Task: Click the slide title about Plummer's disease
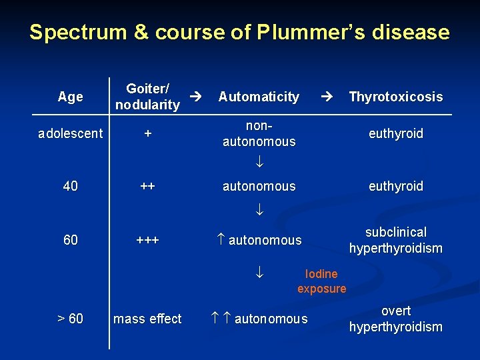(x=239, y=32)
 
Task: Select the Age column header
(x=70, y=97)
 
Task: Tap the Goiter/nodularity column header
(x=147, y=97)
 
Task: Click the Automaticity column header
(x=259, y=97)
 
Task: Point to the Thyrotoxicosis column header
(x=395, y=97)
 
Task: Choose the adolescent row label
(x=70, y=133)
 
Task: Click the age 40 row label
(x=70, y=186)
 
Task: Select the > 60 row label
(x=70, y=319)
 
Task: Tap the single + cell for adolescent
(x=148, y=133)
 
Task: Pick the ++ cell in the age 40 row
(x=148, y=186)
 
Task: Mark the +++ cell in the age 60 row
(x=148, y=240)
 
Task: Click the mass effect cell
(x=147, y=319)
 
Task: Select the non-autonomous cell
(x=259, y=133)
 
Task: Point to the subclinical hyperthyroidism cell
(x=395, y=240)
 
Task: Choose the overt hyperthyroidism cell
(x=395, y=319)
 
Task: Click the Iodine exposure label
(x=321, y=281)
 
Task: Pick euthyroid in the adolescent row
(x=396, y=133)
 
